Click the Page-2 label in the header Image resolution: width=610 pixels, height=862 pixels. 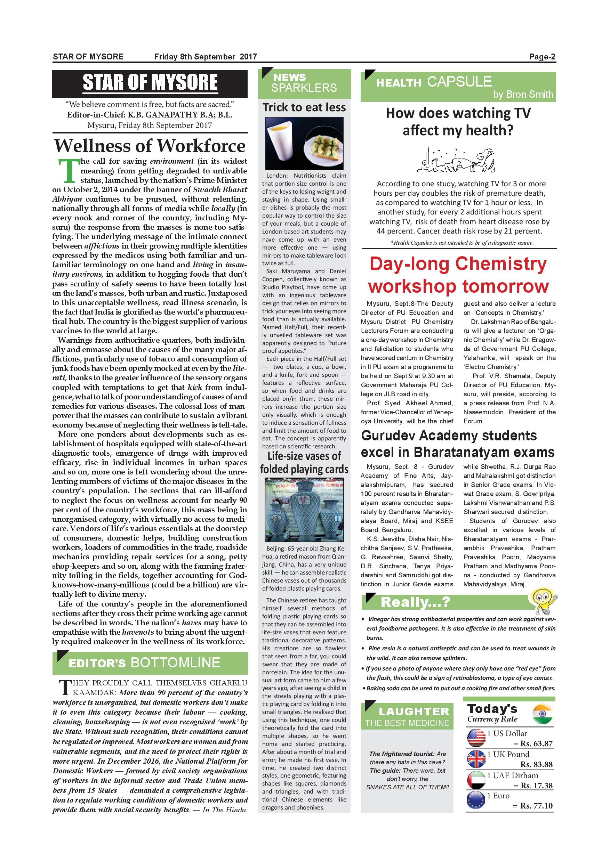(x=542, y=57)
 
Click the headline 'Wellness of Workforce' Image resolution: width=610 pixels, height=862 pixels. (x=150, y=146)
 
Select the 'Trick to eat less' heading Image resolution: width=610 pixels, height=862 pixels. (x=304, y=107)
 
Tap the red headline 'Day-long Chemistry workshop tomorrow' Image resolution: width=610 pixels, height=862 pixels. (x=458, y=275)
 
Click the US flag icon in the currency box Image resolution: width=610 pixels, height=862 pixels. (x=476, y=737)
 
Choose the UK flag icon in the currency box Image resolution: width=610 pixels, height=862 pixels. (x=476, y=759)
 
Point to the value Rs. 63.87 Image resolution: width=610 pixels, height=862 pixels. (x=536, y=743)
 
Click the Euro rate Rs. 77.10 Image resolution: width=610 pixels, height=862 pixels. (x=536, y=806)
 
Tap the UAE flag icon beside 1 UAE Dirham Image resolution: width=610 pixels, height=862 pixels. (x=476, y=781)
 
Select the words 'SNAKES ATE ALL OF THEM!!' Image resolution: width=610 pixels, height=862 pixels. (x=407, y=787)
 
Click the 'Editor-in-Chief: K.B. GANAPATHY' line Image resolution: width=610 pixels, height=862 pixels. (x=150, y=115)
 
